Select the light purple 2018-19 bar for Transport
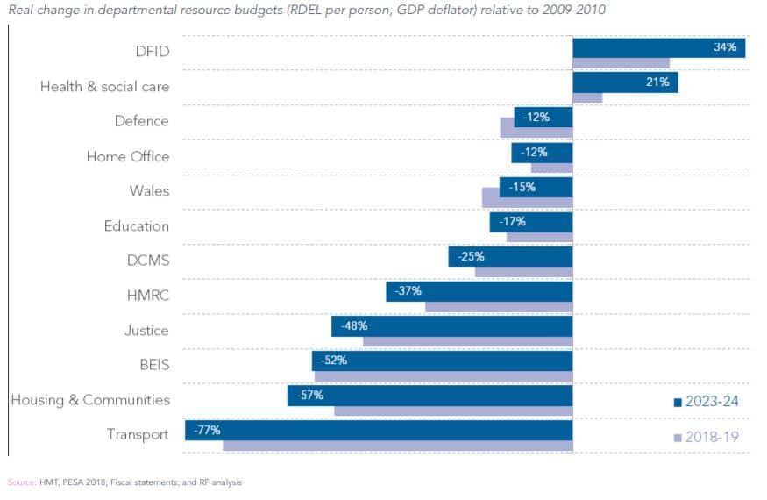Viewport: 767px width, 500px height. (397, 446)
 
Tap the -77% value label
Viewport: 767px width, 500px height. (208, 430)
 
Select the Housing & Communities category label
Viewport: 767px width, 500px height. (89, 400)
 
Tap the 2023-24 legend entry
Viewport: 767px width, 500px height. (707, 402)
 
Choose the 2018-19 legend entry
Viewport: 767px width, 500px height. (707, 437)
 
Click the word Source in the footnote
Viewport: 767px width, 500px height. (21, 482)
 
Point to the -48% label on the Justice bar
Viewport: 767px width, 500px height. (354, 325)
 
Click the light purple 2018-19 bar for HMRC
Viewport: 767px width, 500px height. (498, 307)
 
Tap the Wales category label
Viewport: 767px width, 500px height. (149, 191)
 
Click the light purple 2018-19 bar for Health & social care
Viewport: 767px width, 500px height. (587, 97)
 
